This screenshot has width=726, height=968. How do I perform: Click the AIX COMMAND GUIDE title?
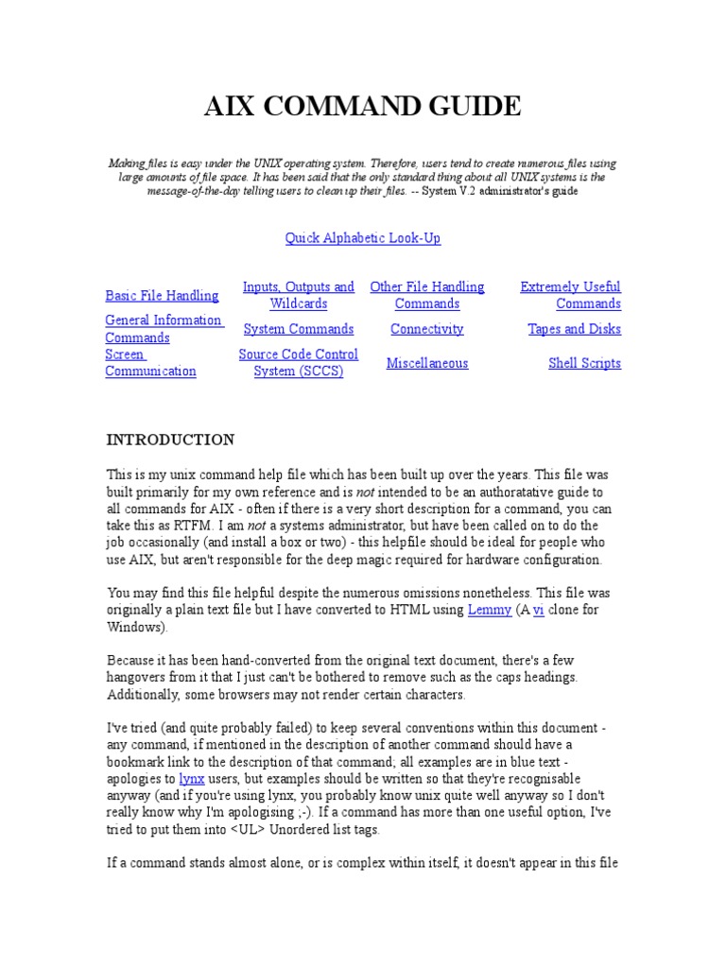(363, 107)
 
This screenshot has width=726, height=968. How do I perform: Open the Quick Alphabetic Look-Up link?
(363, 238)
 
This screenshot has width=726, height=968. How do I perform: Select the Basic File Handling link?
(162, 296)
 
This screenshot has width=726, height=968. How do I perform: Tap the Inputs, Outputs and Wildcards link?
(299, 295)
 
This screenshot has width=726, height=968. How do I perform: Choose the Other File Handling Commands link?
(427, 295)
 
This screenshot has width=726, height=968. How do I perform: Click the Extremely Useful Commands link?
(571, 295)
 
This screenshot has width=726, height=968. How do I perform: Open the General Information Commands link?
(164, 329)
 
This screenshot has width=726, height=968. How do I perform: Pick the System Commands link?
(299, 329)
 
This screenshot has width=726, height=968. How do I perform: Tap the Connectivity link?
(427, 329)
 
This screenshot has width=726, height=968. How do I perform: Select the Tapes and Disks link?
(575, 329)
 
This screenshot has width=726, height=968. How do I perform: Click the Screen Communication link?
(150, 363)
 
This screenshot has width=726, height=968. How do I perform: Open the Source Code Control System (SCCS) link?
(299, 363)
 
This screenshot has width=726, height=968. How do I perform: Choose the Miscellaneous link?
(427, 363)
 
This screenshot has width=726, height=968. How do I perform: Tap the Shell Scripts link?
(585, 363)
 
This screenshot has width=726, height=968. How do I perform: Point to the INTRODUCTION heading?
(170, 440)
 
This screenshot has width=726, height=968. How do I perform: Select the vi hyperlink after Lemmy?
(539, 610)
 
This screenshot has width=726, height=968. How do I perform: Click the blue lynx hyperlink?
(192, 780)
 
